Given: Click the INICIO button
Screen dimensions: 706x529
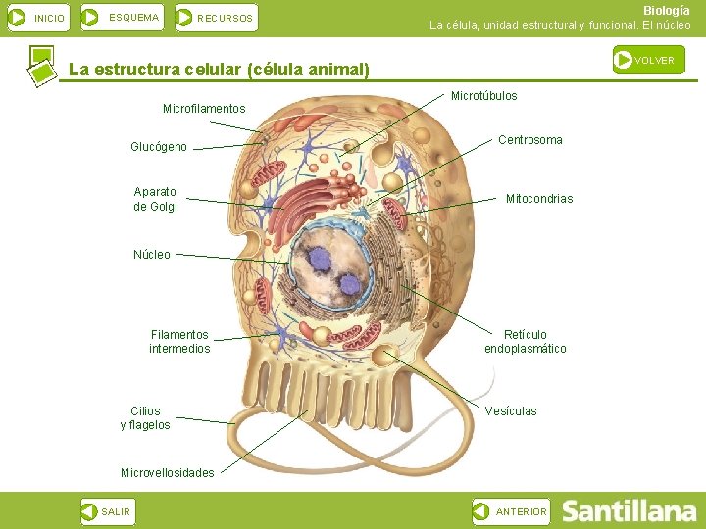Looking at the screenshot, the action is tap(37, 18).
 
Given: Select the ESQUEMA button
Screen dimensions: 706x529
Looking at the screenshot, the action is tap(122, 17).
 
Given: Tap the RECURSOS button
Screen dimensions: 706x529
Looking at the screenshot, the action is tap(216, 18).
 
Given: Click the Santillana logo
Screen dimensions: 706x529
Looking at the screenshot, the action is tap(629, 511).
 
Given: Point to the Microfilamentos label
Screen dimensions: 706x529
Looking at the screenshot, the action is tap(204, 108).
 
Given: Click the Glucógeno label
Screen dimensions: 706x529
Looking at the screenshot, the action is tap(159, 147).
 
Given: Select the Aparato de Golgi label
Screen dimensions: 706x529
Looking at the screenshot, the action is tap(155, 199).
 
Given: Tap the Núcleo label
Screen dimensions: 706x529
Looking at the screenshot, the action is tap(152, 255).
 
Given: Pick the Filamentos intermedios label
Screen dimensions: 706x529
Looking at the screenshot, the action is tap(179, 342).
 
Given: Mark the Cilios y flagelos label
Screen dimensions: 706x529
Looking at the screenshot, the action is tap(145, 418).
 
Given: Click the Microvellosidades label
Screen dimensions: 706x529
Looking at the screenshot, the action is tap(167, 473).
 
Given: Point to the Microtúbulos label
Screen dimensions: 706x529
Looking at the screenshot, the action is tap(484, 96).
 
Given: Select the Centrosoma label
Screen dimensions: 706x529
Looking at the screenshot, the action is tap(530, 140).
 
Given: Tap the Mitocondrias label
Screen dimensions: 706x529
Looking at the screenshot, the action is tap(539, 199).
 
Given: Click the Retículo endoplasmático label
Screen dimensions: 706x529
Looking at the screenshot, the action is tap(526, 342).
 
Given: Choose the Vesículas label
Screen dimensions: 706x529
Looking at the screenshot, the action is tap(511, 411).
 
